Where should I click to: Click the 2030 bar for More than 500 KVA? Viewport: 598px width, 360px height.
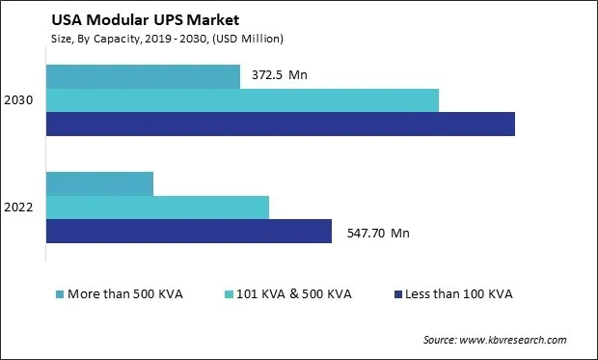click(x=143, y=76)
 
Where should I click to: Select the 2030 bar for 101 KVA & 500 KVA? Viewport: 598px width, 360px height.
click(x=242, y=100)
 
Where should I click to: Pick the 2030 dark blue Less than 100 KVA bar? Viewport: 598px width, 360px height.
click(x=280, y=124)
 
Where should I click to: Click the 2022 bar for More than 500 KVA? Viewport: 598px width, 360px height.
click(x=99, y=183)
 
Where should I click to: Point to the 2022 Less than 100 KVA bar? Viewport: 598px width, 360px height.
click(x=189, y=231)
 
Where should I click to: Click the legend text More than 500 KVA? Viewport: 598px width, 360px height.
click(x=124, y=293)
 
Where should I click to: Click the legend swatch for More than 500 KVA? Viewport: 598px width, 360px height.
click(x=60, y=293)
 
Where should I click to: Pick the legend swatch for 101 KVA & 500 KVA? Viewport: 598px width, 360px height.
click(x=229, y=293)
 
